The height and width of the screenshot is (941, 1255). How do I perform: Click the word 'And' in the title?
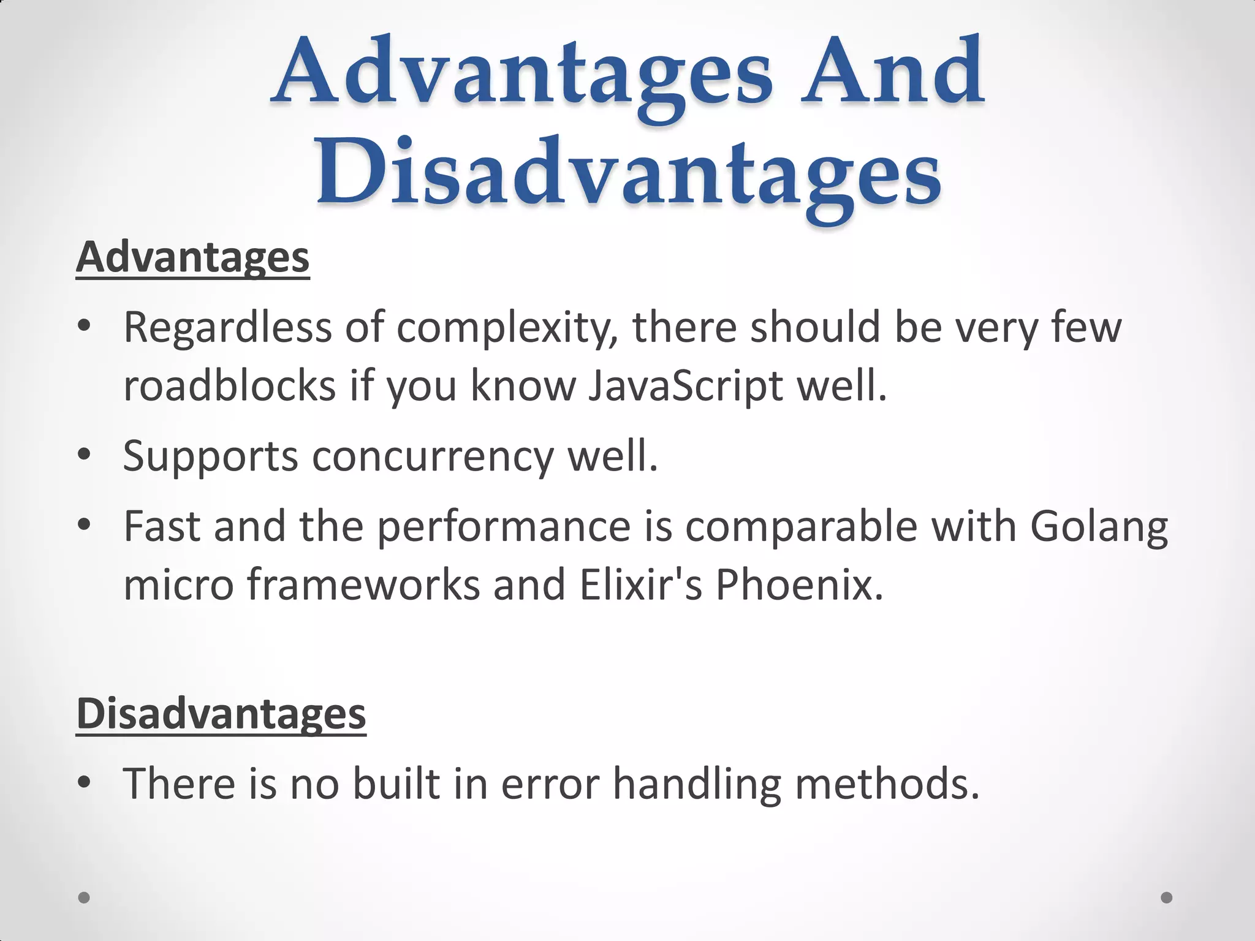[x=893, y=72]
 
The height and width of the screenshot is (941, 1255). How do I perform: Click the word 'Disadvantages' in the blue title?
[x=628, y=173]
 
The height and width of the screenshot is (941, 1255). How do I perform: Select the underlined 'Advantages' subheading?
[x=192, y=257]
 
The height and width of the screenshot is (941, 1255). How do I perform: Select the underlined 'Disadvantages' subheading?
[x=221, y=714]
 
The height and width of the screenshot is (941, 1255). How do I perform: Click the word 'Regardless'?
[x=227, y=328]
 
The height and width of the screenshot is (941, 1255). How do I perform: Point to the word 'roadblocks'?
[x=230, y=386]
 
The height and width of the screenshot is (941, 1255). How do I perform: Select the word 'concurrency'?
[x=433, y=457]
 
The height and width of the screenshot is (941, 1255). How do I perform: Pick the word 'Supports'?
[x=210, y=457]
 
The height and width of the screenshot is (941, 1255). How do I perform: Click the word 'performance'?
[x=504, y=527]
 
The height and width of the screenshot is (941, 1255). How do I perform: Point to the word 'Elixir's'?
[x=640, y=584]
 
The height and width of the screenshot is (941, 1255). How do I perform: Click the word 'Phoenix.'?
[x=800, y=584]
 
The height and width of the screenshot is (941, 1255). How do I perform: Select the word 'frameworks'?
[x=363, y=584]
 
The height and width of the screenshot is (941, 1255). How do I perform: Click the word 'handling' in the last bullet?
[x=697, y=785]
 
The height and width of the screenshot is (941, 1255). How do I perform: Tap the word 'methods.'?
[x=887, y=784]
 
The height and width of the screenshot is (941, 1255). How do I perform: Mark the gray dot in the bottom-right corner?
[x=1167, y=898]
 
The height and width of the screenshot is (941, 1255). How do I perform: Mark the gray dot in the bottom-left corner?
[x=85, y=898]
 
